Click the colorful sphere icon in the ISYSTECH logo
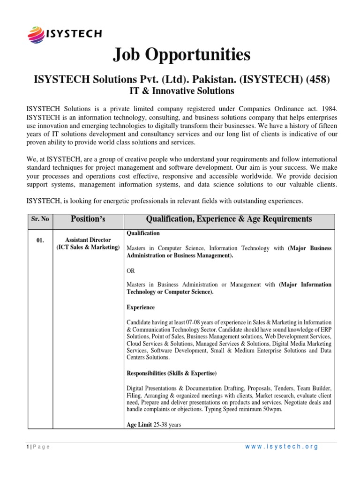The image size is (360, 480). (x=36, y=34)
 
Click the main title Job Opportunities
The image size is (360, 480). (x=181, y=55)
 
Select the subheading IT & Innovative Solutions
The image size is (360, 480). (x=181, y=90)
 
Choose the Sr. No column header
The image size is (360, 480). (x=40, y=219)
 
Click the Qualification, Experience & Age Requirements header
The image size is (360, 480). (x=229, y=219)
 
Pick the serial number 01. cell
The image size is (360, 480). (x=40, y=240)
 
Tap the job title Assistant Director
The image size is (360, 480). (x=88, y=240)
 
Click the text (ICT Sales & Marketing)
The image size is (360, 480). (x=88, y=247)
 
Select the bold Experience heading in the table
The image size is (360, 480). (x=141, y=307)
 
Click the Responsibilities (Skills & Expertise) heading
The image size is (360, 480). (x=172, y=373)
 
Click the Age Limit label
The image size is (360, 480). (x=139, y=425)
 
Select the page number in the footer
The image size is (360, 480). (x=28, y=447)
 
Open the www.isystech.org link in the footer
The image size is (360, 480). (x=281, y=447)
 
